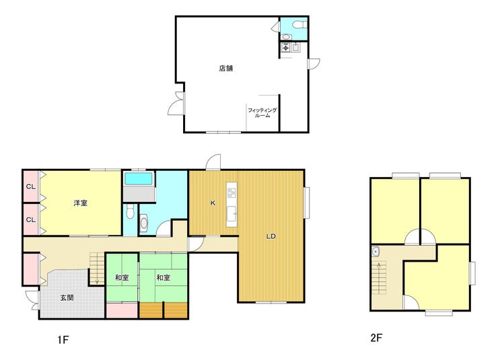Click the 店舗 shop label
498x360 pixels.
tap(226, 68)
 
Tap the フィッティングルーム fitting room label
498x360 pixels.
tap(262, 113)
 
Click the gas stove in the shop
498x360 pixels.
tap(286, 48)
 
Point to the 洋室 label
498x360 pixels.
tap(80, 203)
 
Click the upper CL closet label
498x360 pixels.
tap(31, 186)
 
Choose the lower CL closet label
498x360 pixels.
tap(31, 219)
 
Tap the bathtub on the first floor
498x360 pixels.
tap(139, 179)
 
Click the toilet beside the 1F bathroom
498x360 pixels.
tap(130, 211)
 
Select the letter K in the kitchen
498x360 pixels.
tap(213, 203)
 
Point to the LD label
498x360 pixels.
tap(271, 236)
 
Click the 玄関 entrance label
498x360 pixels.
tap(67, 297)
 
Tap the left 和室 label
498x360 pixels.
tap(122, 278)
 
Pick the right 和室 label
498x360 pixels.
tap(164, 278)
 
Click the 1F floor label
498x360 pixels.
tap(63, 340)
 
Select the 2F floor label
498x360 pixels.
tap(376, 338)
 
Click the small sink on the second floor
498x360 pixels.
tap(376, 252)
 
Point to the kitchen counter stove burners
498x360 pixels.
tap(232, 192)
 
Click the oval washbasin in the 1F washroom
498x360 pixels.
tap(144, 223)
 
